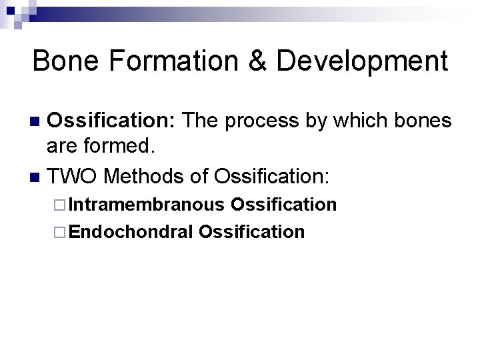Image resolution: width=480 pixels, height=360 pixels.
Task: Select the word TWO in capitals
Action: pyautogui.click(x=73, y=177)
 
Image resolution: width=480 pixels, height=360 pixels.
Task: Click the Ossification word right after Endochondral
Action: pyautogui.click(x=252, y=232)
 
